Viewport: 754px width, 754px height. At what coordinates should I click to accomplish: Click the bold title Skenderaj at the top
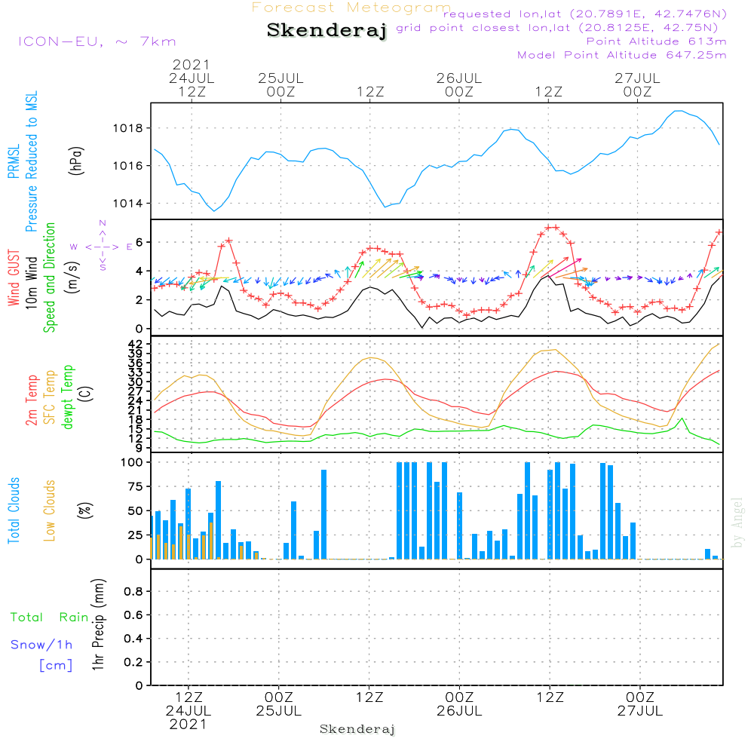coord(327,31)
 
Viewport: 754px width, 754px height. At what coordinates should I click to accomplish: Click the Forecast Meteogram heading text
coord(351,8)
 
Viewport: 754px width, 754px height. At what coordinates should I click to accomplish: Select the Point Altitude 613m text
coord(656,41)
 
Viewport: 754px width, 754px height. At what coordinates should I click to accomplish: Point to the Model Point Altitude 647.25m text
coord(622,55)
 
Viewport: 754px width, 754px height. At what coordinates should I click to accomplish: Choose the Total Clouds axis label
coord(14,510)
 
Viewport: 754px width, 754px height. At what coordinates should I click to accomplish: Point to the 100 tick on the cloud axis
coord(132,463)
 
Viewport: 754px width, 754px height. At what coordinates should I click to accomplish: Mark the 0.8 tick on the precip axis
coord(133,592)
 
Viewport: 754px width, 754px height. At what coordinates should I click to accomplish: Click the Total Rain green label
coord(49,618)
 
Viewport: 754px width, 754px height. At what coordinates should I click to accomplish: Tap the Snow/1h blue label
coord(41,645)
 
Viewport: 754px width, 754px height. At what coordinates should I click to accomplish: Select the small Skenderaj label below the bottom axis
coord(357,729)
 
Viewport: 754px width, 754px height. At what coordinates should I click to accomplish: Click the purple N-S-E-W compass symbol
coord(103,247)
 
